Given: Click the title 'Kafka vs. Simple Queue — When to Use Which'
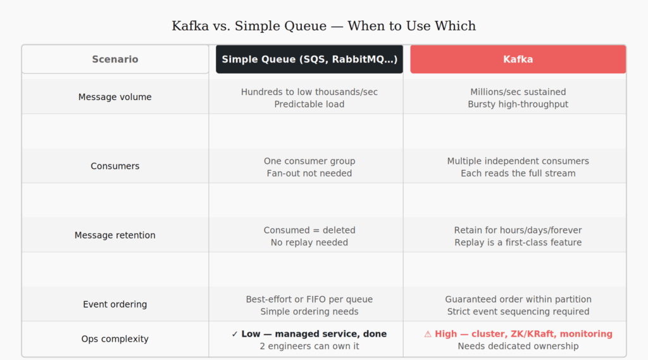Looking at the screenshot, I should coord(323,26).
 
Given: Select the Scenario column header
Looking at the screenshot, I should coord(115,59).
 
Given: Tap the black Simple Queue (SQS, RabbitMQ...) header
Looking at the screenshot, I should coord(309,59).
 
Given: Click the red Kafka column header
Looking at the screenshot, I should coord(518,59).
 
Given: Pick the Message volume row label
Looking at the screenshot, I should coord(115,97).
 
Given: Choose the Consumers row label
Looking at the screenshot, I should coord(115,166).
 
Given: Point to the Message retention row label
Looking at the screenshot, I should coord(115,235).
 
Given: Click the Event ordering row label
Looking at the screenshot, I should coord(115,304).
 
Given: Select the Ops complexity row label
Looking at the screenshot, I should coord(115,338).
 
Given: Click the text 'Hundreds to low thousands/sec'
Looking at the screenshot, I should coord(309,92).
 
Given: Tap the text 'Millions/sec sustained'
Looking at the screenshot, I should coord(518,92).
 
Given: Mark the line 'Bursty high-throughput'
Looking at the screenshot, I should coord(518,104).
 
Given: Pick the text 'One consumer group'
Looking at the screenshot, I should coord(309,161).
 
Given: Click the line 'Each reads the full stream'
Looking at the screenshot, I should coord(518,173).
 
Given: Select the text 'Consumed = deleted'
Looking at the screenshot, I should coord(309,230).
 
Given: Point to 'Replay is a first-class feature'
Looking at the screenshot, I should coord(518,242).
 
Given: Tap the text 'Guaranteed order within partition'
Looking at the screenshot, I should coord(518,299).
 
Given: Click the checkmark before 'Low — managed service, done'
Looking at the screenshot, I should coord(235,333).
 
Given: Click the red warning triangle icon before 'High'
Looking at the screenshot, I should coord(428,333).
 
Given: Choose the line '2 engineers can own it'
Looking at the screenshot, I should coord(309,345).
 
